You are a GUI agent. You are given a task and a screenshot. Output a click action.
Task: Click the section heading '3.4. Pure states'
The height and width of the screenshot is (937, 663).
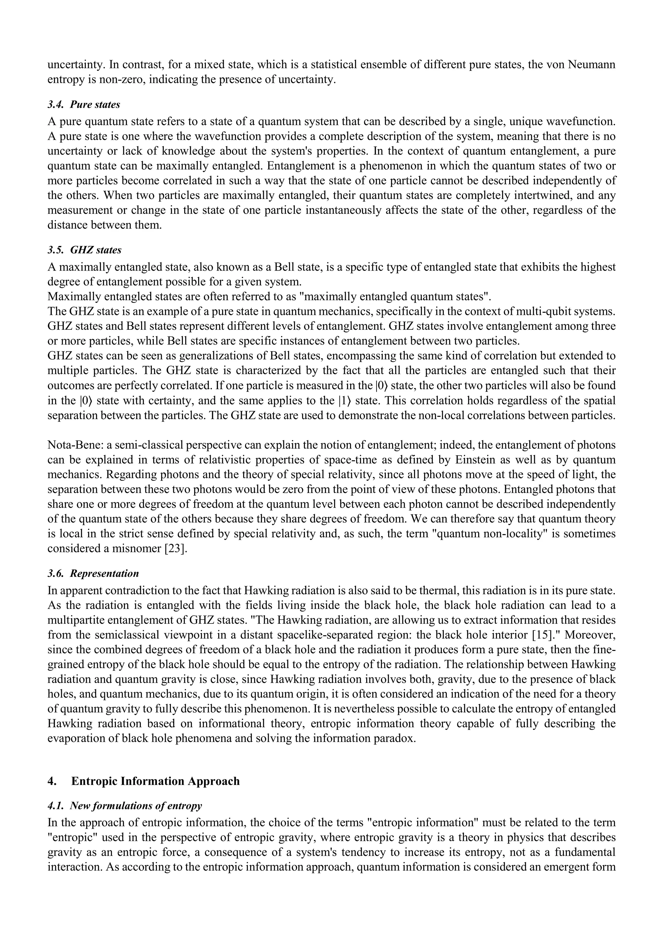[84, 105]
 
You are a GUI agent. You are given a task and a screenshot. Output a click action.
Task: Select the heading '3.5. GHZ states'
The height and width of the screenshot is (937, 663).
[84, 250]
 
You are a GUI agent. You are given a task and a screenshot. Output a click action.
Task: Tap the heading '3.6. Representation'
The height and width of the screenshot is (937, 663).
[93, 573]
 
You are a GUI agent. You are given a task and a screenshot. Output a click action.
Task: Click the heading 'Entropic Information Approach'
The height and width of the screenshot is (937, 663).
[155, 781]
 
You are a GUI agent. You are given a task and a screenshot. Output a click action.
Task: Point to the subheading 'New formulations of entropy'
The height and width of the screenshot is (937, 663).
[136, 806]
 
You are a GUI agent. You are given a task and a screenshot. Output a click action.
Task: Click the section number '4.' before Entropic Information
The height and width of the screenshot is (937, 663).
[52, 781]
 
